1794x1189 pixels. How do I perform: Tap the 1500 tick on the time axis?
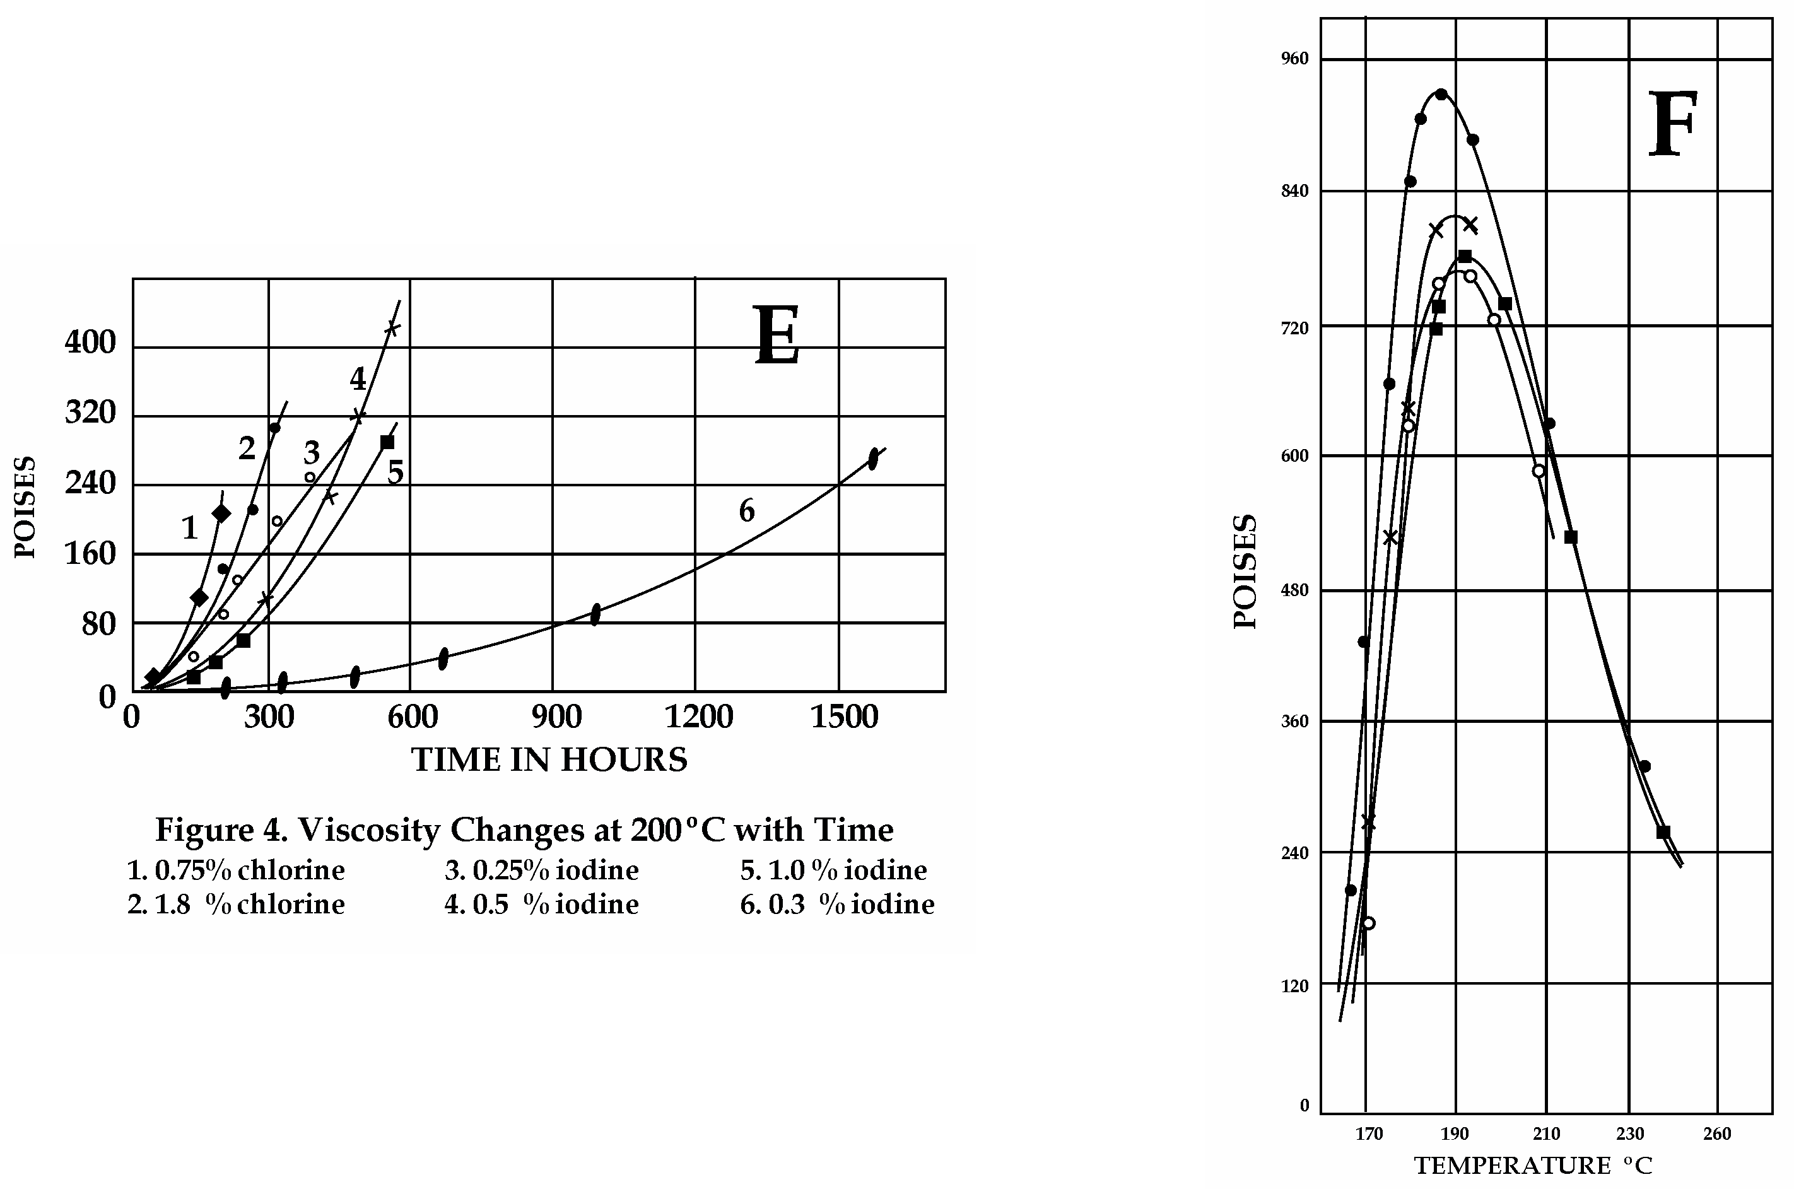(844, 717)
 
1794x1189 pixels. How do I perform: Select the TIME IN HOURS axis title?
(549, 759)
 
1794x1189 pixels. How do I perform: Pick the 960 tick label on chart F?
(1295, 59)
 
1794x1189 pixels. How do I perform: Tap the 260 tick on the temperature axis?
(1718, 1133)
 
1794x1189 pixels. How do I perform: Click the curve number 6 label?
(747, 512)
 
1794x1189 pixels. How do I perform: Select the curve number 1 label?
(190, 528)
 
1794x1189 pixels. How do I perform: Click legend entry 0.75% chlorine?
(236, 870)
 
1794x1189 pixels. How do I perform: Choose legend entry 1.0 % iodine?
(833, 870)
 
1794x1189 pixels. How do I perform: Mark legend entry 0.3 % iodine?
(837, 904)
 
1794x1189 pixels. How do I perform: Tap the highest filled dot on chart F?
(1441, 94)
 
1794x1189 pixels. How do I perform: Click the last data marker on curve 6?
(873, 459)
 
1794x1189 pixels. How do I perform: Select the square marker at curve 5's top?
(387, 442)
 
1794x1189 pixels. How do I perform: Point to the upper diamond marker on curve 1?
(221, 513)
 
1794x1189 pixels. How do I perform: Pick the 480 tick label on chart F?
(1295, 590)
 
